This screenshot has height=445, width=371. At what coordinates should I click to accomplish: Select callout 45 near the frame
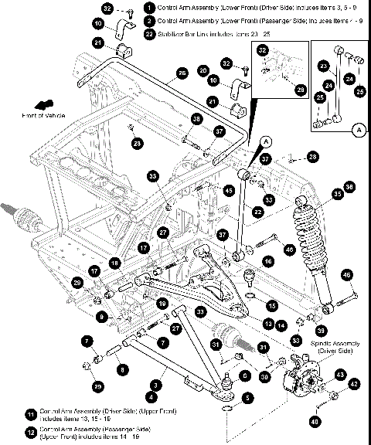point(228,189)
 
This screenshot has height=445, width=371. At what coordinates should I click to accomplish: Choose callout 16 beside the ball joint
point(267,261)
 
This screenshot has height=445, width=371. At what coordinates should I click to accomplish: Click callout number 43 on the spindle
point(339,374)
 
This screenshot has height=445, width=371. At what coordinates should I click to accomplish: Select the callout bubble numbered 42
point(355,383)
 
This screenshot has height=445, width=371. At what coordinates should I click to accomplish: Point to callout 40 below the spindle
point(315,422)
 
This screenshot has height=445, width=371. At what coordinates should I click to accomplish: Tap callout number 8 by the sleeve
point(121,369)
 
